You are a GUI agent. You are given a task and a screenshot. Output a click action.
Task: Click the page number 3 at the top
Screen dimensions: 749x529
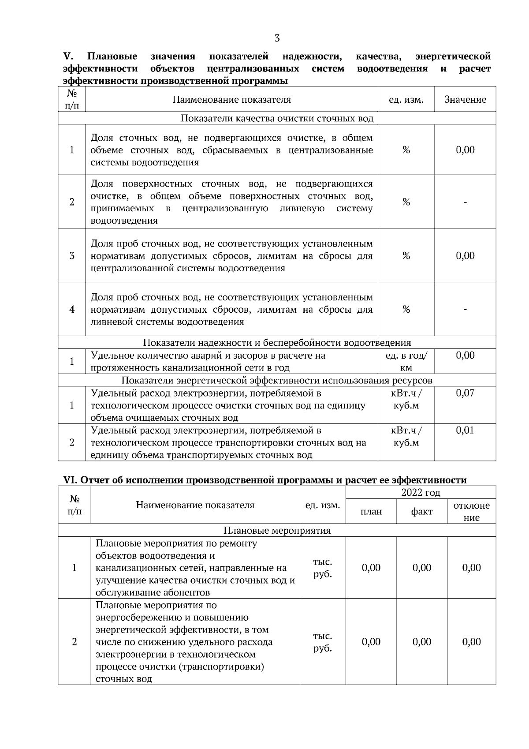pos(277,38)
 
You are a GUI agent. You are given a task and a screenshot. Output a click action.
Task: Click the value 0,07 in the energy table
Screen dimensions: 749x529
pos(465,393)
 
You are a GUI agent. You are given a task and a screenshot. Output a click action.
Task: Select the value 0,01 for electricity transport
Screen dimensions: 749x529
pos(465,430)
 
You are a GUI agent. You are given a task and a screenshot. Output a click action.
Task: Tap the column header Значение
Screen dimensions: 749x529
pos(465,100)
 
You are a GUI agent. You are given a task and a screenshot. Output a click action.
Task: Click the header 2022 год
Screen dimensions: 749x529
pos(421,493)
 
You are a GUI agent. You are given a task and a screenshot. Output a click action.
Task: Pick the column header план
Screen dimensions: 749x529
pos(371,512)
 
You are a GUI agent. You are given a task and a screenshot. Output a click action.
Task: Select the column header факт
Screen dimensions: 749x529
pos(422,512)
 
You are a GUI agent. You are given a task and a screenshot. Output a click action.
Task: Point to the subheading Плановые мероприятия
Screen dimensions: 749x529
pos(277,530)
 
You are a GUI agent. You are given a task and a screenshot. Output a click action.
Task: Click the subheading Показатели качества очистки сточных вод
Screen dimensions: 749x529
pos(277,119)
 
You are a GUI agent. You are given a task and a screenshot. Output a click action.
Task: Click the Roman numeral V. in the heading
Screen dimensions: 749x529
pos(68,56)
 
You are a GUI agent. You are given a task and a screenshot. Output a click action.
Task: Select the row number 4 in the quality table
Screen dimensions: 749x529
pos(72,310)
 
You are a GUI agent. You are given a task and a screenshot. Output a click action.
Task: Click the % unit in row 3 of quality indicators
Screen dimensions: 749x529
pos(406,256)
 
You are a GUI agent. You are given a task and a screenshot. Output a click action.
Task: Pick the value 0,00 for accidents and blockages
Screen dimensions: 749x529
pos(465,356)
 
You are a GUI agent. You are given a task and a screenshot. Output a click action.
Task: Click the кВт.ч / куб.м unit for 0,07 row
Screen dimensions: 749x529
pos(406,399)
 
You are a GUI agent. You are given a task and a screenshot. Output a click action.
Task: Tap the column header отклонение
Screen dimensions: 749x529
pos(471,512)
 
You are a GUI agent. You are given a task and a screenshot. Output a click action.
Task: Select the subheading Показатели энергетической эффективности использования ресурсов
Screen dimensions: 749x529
pos(277,381)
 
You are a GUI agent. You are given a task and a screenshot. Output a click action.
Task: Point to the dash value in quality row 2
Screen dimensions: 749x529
pos(465,202)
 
